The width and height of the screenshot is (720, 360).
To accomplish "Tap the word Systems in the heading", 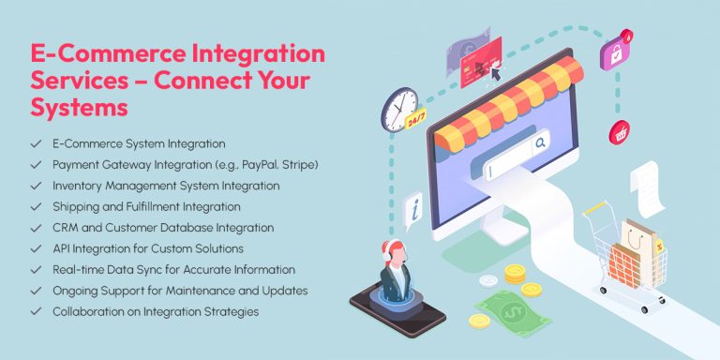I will point(81,109).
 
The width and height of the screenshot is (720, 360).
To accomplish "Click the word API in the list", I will point(64,248).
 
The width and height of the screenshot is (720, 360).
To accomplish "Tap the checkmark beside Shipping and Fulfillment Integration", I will point(36,207).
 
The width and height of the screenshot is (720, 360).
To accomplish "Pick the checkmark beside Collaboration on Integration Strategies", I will point(36,311).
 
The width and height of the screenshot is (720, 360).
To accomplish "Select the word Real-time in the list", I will point(80,270).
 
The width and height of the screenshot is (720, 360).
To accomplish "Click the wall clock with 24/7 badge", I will point(400,110).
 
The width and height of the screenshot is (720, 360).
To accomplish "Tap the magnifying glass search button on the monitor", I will point(541,144).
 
